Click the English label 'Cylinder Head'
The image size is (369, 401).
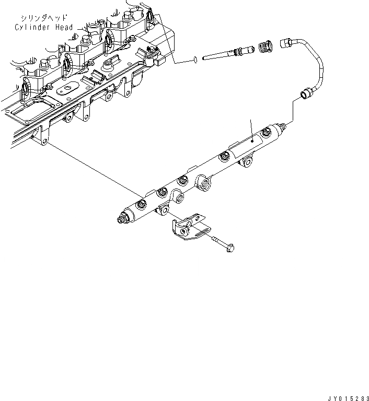click(x=44, y=27)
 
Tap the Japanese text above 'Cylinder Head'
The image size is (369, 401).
click(x=41, y=17)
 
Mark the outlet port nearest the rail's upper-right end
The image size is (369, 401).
click(x=225, y=155)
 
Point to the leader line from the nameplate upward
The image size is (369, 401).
click(x=251, y=128)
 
